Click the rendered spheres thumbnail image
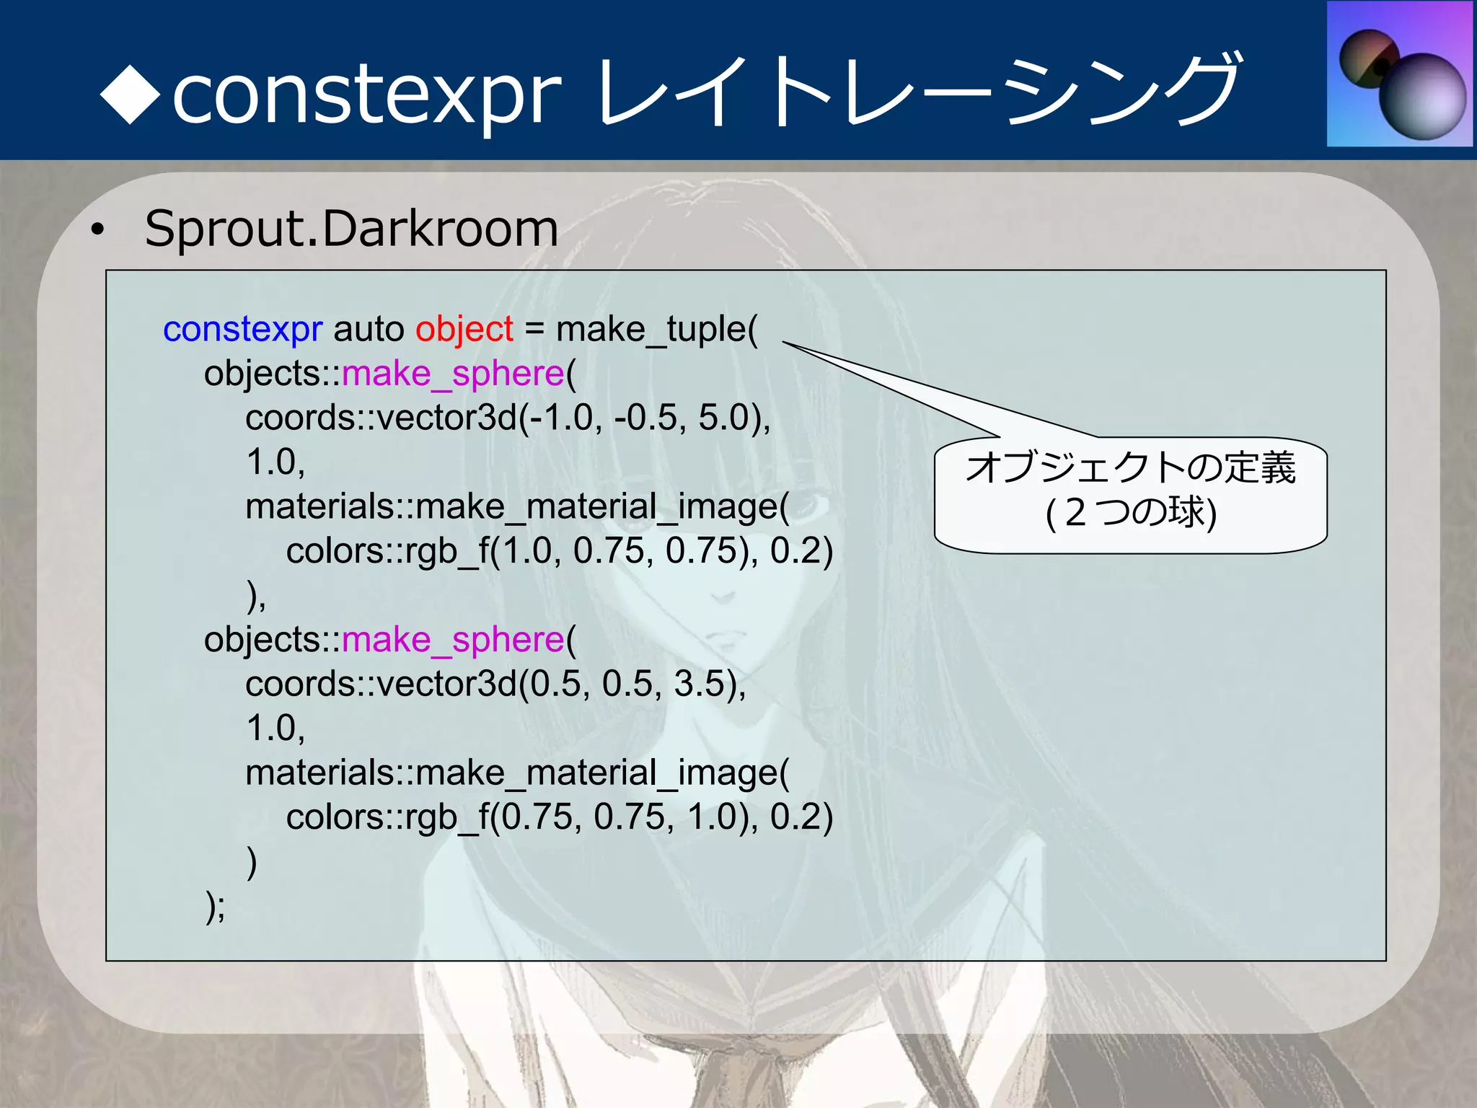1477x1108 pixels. [x=1400, y=74]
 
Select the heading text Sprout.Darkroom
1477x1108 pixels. [x=351, y=229]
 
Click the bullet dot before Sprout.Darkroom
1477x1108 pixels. [x=97, y=230]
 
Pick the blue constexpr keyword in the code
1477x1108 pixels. [x=242, y=330]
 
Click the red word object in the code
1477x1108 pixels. [x=464, y=330]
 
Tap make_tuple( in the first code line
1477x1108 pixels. [x=656, y=330]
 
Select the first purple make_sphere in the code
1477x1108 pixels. [x=452, y=374]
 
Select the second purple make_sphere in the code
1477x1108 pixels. [x=452, y=640]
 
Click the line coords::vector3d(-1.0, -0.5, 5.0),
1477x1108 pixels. [x=508, y=418]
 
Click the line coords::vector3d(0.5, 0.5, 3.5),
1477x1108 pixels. [x=495, y=684]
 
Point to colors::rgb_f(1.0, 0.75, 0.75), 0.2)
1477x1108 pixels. [x=559, y=551]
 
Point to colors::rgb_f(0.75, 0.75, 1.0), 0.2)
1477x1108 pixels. [x=559, y=817]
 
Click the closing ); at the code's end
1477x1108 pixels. [x=215, y=905]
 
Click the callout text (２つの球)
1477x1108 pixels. [x=1130, y=513]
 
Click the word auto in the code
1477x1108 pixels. [x=369, y=330]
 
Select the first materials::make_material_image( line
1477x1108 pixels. [x=517, y=506]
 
